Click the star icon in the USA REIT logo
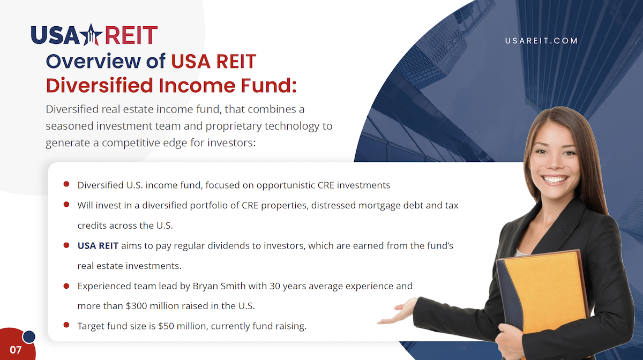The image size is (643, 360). (91, 35)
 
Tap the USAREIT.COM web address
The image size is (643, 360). (541, 41)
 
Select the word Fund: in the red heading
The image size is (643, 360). (268, 85)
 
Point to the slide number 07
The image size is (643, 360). (16, 350)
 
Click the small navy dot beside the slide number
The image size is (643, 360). (29, 337)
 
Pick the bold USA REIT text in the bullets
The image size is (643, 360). (98, 246)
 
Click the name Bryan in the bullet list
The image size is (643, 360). (205, 286)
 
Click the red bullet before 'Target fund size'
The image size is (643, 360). (66, 325)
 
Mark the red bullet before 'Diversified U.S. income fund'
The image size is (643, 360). (66, 184)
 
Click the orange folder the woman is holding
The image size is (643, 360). (545, 293)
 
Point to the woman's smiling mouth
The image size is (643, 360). (554, 179)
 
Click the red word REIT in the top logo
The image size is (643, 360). (131, 35)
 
